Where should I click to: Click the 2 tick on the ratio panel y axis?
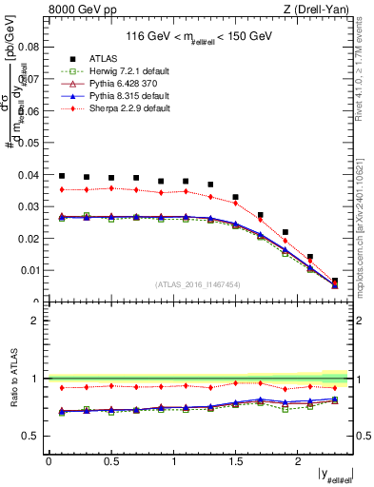(38, 321)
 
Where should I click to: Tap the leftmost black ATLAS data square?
(62, 176)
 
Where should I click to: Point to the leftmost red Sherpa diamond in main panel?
(62, 189)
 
